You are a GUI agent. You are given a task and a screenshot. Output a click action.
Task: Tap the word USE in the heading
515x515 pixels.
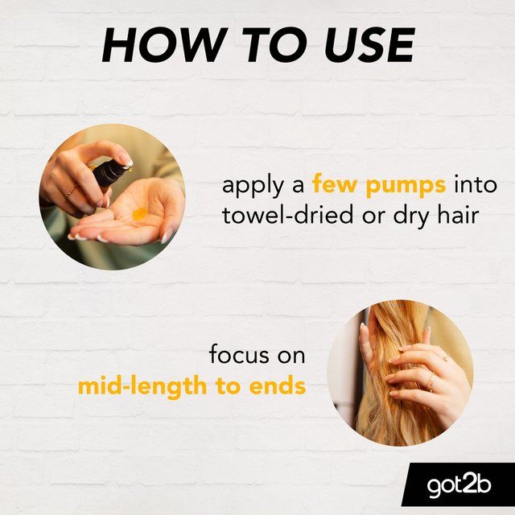pos(370,45)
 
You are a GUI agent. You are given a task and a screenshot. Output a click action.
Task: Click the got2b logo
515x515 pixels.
pos(459,485)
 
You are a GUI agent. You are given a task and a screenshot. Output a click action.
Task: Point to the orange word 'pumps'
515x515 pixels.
pos(406,187)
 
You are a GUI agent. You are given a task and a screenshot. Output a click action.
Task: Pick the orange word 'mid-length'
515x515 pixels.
pos(142,388)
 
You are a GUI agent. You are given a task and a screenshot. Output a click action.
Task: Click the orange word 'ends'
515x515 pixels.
pos(277,386)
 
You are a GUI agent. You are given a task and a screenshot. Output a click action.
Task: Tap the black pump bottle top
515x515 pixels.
pos(111,173)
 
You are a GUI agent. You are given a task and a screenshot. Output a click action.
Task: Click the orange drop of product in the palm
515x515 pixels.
pos(139,214)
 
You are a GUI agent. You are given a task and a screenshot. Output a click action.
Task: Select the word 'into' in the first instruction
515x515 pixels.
pos(476,184)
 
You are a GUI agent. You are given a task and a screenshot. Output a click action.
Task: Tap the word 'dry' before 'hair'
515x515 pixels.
pos(411,217)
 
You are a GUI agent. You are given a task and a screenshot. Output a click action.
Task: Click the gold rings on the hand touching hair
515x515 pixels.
pos(431,381)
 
